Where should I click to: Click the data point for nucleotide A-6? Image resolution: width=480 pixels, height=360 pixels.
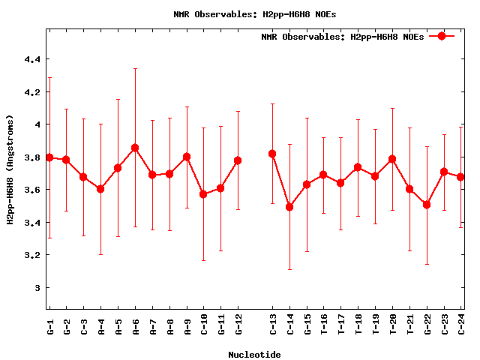135,148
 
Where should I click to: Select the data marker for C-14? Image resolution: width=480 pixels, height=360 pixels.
289,207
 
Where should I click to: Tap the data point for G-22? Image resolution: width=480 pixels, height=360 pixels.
427,205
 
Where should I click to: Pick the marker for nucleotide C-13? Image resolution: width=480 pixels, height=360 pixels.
272,154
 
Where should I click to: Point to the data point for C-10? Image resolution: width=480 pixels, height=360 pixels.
203,194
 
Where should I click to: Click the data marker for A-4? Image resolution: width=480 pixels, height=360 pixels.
100,189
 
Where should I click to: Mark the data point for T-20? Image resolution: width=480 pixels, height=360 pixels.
392,159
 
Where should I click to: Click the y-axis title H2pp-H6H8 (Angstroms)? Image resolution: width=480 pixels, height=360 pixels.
10,169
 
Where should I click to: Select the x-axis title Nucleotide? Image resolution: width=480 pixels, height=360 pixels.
255,354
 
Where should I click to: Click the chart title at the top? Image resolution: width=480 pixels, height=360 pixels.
254,13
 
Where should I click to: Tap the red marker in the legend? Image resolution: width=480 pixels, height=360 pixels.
442,36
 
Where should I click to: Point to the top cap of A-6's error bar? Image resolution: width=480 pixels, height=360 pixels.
135,69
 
